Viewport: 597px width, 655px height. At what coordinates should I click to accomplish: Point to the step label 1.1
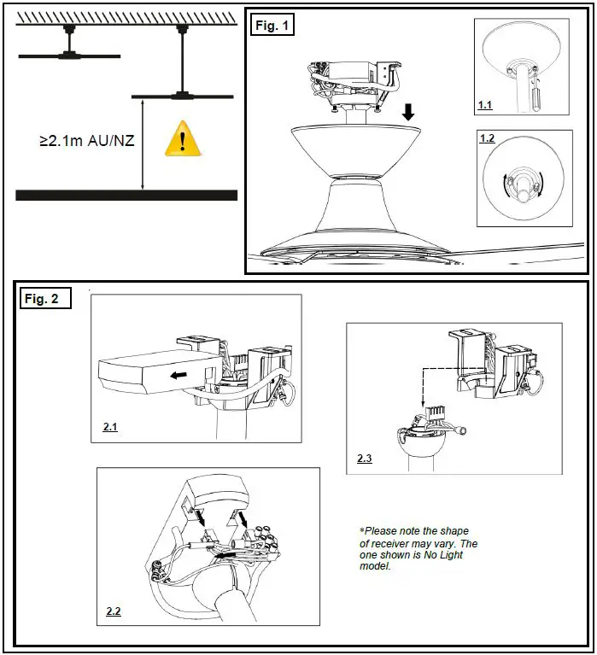click(x=485, y=108)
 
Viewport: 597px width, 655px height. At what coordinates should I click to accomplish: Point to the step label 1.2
click(x=488, y=137)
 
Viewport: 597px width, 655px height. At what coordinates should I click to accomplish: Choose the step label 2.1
click(x=110, y=427)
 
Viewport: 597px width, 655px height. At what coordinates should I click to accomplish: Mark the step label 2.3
click(x=366, y=459)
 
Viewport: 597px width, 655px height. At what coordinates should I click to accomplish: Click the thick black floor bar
click(x=126, y=196)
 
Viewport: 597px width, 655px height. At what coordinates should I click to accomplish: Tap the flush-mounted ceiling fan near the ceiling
click(x=69, y=56)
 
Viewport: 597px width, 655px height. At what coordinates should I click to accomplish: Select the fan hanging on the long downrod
click(x=181, y=94)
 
